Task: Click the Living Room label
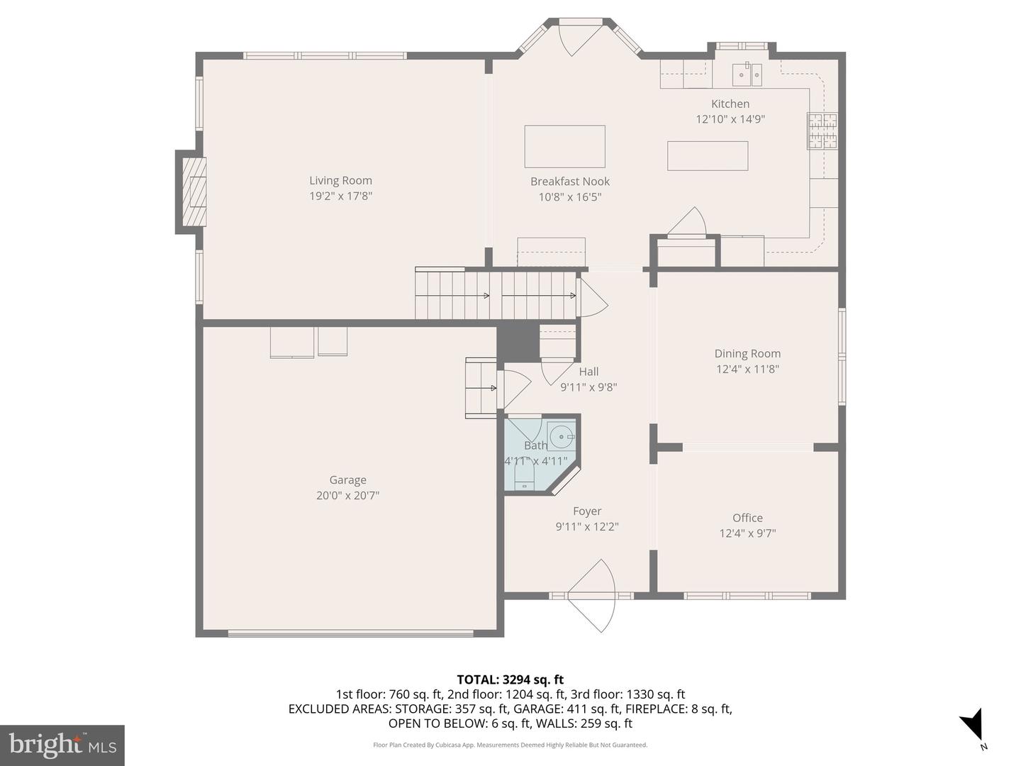coord(340,181)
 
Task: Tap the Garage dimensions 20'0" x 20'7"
coord(347,496)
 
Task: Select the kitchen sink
coord(747,73)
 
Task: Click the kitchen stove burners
coord(822,131)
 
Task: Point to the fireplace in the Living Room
coord(193,191)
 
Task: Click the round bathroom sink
coord(562,436)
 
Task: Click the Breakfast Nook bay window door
coord(580,37)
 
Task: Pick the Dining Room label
coord(747,353)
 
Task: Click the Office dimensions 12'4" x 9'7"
coord(747,533)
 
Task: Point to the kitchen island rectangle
coord(707,156)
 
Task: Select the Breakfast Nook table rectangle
coord(564,146)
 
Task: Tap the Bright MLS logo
coord(62,745)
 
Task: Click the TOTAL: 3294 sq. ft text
coord(510,679)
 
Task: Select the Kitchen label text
coord(730,104)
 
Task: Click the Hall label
coord(588,372)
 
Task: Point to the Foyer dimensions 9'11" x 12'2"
coord(587,527)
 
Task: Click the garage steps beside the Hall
coord(481,387)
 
